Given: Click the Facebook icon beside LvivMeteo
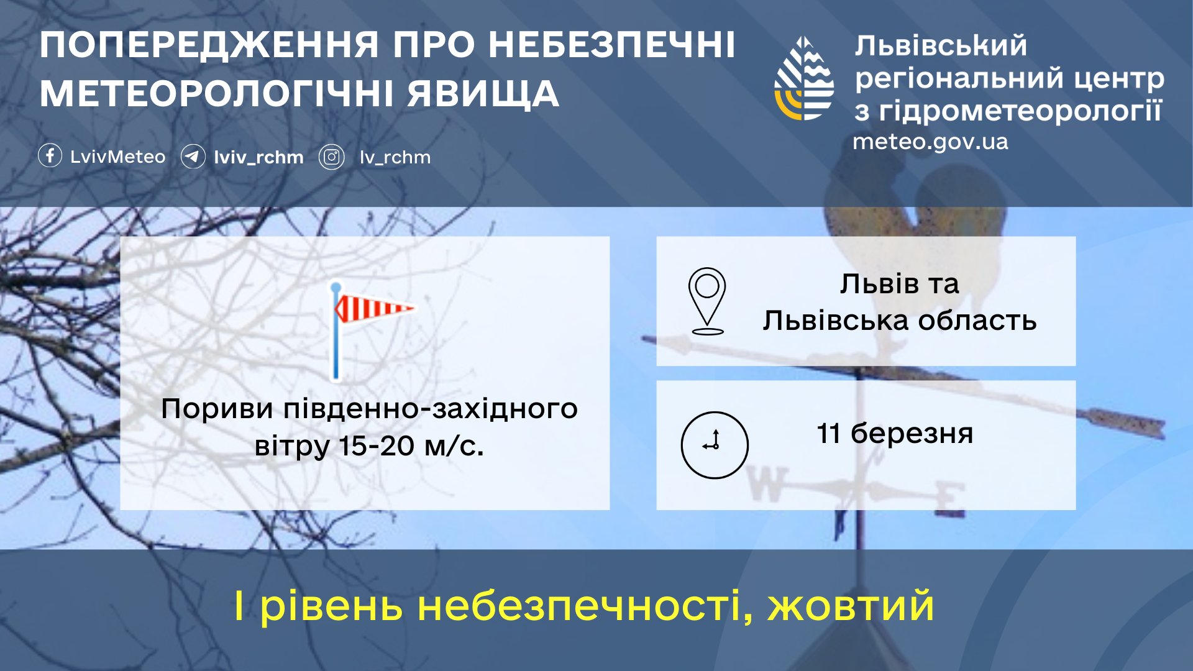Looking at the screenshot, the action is pos(50,155).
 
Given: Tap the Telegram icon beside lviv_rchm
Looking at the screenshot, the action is pos(193,156).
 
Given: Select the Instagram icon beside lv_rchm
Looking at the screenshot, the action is pos(332,157).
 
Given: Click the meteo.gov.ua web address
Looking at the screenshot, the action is pos(930,142).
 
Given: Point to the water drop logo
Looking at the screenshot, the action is pos(804,78).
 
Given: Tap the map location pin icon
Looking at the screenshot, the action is pos(707,301).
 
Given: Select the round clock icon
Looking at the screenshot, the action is pos(715,445).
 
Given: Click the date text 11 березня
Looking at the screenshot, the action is pos(895,433).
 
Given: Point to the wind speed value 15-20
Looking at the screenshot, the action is pos(377,446).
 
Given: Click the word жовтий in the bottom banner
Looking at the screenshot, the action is pos(851,606).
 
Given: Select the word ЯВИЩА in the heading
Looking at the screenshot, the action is pos(483,94).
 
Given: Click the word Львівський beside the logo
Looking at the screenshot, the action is pos(941,46).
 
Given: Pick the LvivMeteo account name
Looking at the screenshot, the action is pos(118,157).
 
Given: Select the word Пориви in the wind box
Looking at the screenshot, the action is pos(217,409).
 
